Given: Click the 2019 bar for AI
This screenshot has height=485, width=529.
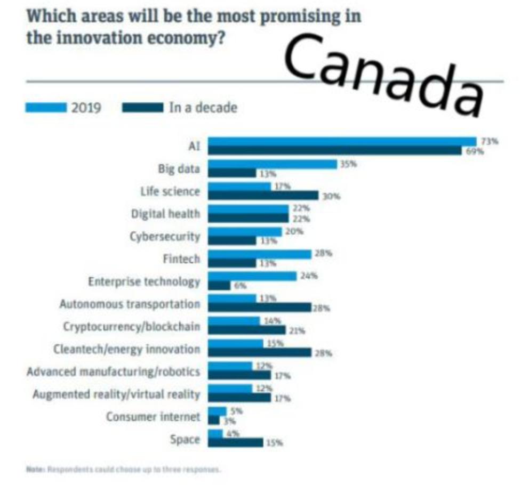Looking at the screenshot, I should (x=341, y=141).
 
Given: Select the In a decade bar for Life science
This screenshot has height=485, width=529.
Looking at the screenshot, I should (x=263, y=196).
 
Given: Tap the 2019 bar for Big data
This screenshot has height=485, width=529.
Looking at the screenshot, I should (x=272, y=164).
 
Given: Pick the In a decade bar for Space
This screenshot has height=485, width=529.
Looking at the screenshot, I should (x=235, y=442).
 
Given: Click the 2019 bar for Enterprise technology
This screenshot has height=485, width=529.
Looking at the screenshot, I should (x=252, y=276).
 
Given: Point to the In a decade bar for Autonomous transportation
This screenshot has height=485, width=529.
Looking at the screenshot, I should (x=259, y=308).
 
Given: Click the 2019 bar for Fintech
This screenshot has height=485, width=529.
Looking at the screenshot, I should (x=259, y=254).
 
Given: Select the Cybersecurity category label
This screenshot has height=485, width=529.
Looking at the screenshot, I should (x=165, y=236).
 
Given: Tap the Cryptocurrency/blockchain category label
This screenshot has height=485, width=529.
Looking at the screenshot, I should (x=132, y=326).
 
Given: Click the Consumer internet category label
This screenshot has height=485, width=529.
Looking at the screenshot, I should (x=153, y=416).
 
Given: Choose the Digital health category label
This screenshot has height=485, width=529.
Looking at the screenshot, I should (x=166, y=214).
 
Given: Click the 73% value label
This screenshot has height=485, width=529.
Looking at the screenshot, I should (x=490, y=141).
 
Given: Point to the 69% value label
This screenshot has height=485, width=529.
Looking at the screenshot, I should (x=476, y=151).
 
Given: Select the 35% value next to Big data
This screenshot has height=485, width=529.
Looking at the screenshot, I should (x=348, y=165).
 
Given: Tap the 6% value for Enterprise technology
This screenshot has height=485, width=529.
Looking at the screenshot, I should (x=241, y=286).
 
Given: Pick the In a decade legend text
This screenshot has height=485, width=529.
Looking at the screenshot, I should (x=203, y=108).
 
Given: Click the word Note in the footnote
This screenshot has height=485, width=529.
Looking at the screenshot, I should (x=35, y=470).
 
